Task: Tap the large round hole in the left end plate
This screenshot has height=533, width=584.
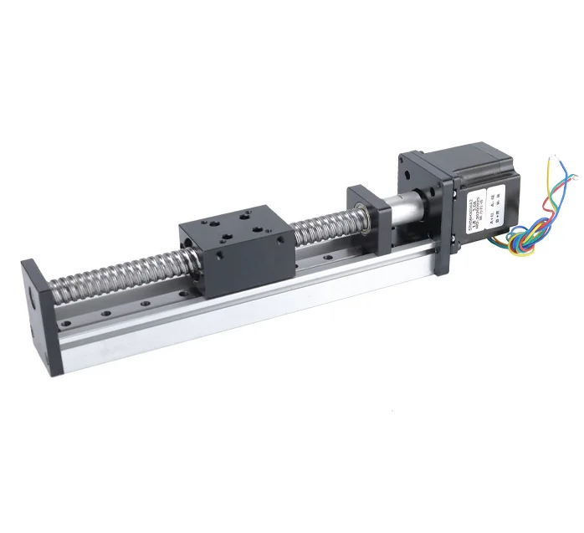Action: point(31,298)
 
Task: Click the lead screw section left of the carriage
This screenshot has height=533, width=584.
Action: point(117,276)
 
